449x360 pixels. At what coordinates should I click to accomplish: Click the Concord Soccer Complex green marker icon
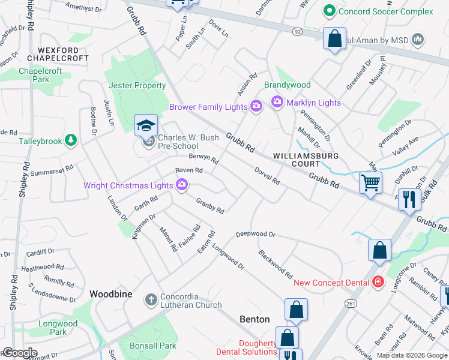[328, 11]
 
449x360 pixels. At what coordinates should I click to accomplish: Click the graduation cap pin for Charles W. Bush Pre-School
[146, 125]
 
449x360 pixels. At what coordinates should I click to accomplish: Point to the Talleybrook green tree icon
[71, 140]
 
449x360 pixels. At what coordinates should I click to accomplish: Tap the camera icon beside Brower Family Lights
[256, 107]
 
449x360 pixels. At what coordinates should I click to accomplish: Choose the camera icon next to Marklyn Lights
[277, 103]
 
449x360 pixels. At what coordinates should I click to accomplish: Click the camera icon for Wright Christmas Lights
[182, 185]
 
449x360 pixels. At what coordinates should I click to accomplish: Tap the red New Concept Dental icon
[378, 281]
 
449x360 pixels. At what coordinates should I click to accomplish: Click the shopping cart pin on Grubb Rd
[370, 182]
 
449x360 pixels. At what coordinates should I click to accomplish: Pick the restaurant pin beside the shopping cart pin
[409, 199]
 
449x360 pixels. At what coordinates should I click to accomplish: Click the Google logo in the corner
[20, 353]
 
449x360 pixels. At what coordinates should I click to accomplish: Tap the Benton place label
[255, 319]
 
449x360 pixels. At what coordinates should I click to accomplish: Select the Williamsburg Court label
[306, 160]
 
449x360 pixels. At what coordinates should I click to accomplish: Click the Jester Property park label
[137, 86]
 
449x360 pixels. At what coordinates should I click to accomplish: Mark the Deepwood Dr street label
[255, 234]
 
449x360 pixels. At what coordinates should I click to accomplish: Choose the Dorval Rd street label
[267, 176]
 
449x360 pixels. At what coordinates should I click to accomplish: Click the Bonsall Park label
[153, 346]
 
